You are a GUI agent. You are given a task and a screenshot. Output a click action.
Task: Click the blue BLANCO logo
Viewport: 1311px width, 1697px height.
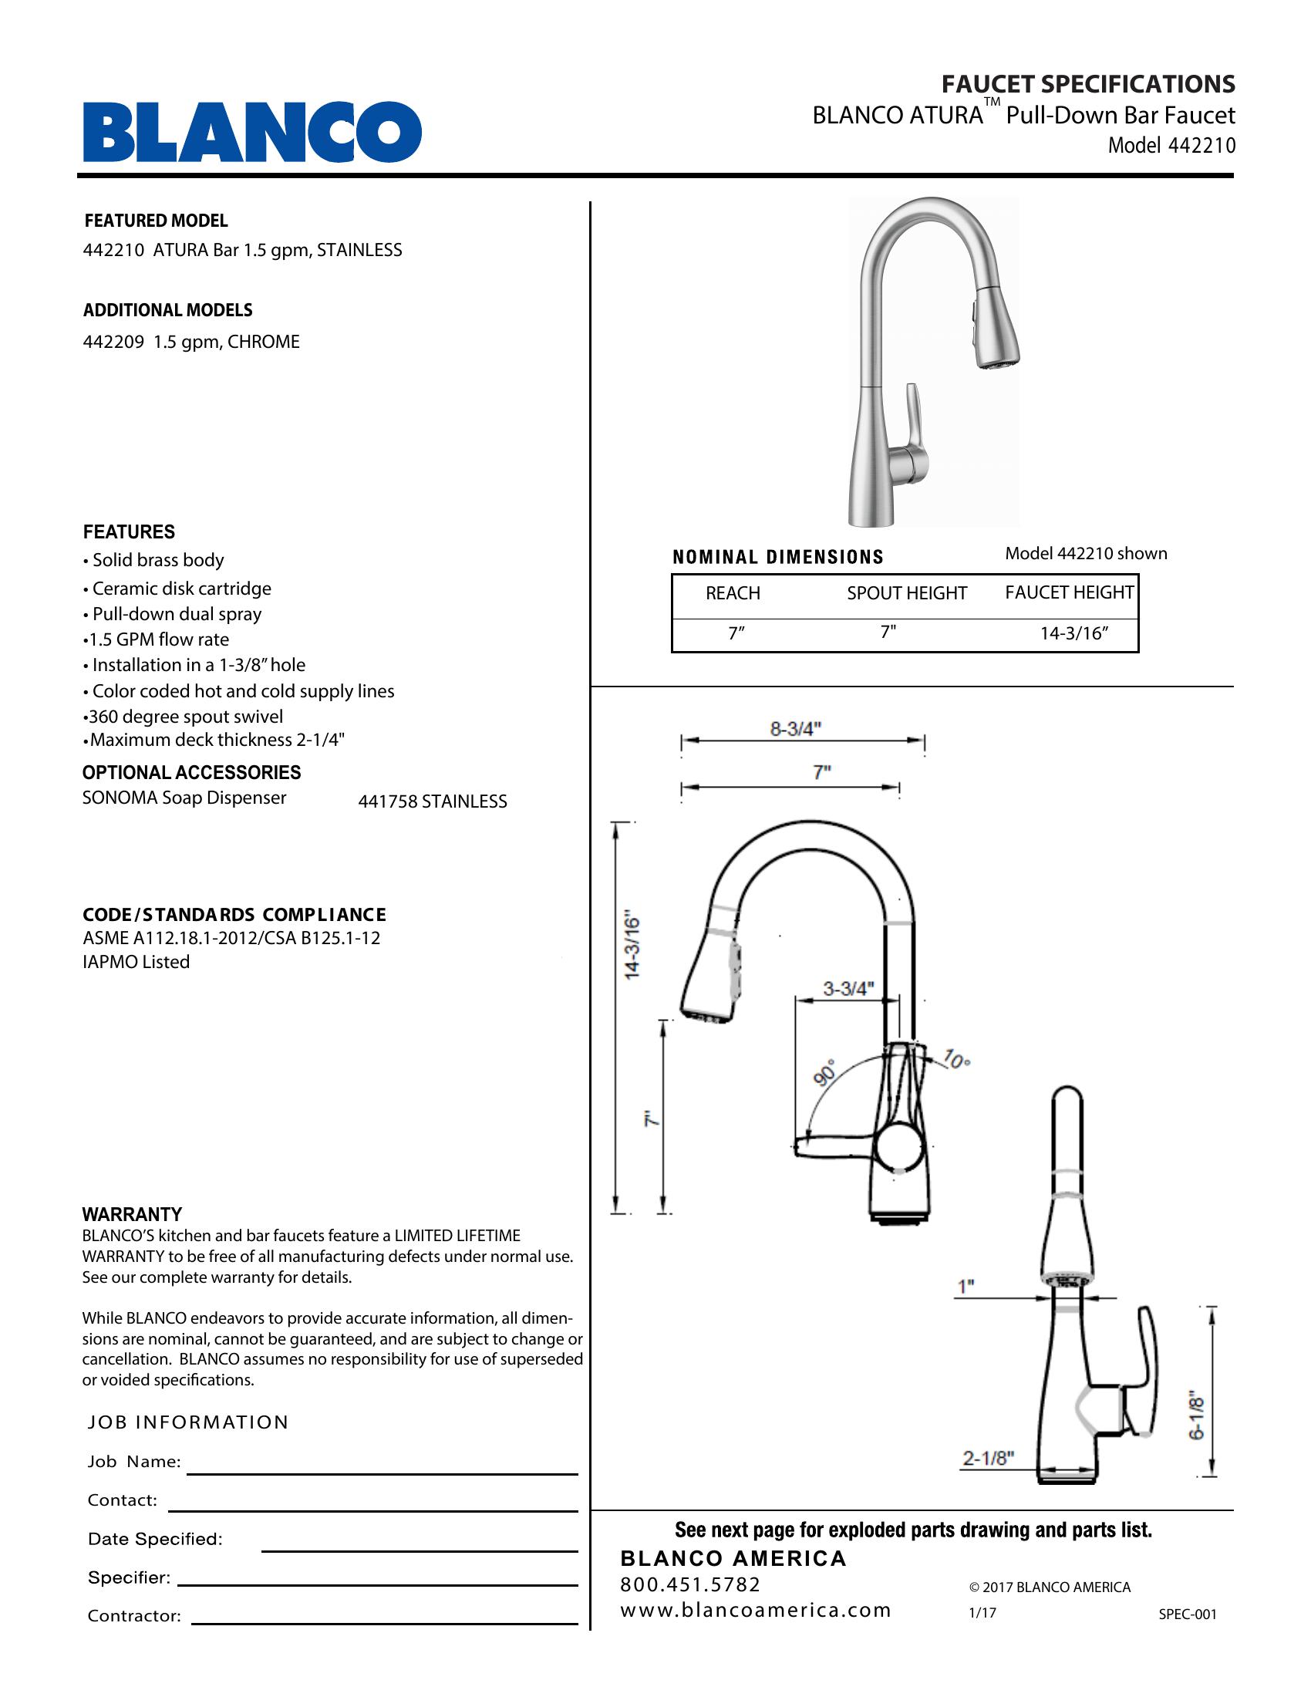click(252, 131)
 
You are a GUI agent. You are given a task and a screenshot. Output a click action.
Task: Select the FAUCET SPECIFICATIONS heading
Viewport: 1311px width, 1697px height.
click(1087, 84)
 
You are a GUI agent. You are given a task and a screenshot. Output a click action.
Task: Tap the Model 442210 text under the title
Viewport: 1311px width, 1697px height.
click(1171, 146)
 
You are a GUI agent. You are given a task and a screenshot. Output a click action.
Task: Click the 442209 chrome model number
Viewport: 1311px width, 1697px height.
click(113, 342)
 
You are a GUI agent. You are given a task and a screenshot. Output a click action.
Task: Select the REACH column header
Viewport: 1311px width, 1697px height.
click(733, 594)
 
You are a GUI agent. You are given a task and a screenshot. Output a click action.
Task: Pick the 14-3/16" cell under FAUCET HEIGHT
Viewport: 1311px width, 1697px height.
click(1073, 633)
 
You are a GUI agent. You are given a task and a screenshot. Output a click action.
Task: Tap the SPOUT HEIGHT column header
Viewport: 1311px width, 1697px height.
click(906, 594)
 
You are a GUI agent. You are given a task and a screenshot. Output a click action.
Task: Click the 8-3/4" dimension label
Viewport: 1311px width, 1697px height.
click(795, 729)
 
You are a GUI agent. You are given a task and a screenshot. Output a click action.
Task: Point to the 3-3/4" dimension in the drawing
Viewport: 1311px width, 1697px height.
click(848, 989)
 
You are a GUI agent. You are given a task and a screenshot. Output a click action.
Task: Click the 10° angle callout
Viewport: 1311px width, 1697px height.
click(956, 1058)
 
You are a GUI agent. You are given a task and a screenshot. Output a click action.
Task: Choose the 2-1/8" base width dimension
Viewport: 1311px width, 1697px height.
click(988, 1459)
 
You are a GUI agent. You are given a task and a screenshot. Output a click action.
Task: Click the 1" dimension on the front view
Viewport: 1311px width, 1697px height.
click(966, 1287)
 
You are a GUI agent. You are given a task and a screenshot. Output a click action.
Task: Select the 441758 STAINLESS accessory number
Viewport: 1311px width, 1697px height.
click(432, 802)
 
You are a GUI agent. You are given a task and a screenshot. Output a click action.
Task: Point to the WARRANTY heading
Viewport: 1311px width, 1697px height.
click(132, 1214)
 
